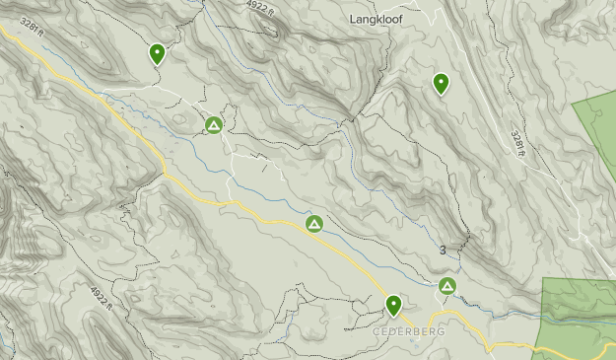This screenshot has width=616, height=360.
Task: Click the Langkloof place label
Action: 379,19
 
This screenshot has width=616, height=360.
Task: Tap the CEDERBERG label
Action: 409,331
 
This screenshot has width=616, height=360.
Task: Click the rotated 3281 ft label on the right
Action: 518,139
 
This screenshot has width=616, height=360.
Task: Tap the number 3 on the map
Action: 443,251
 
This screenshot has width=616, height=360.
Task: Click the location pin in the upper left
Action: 157,53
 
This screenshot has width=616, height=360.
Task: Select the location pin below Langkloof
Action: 441,83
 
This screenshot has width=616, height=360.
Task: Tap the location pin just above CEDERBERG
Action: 393,305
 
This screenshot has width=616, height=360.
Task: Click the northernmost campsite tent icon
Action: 214,125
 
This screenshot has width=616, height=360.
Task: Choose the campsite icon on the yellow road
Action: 314,224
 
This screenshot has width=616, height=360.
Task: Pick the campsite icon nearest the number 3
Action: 447,286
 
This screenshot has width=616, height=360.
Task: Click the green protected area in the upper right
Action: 599,128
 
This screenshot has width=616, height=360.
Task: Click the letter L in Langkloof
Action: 353,19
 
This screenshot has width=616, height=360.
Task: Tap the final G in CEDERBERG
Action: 441,331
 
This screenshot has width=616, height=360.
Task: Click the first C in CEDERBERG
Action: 377,331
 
